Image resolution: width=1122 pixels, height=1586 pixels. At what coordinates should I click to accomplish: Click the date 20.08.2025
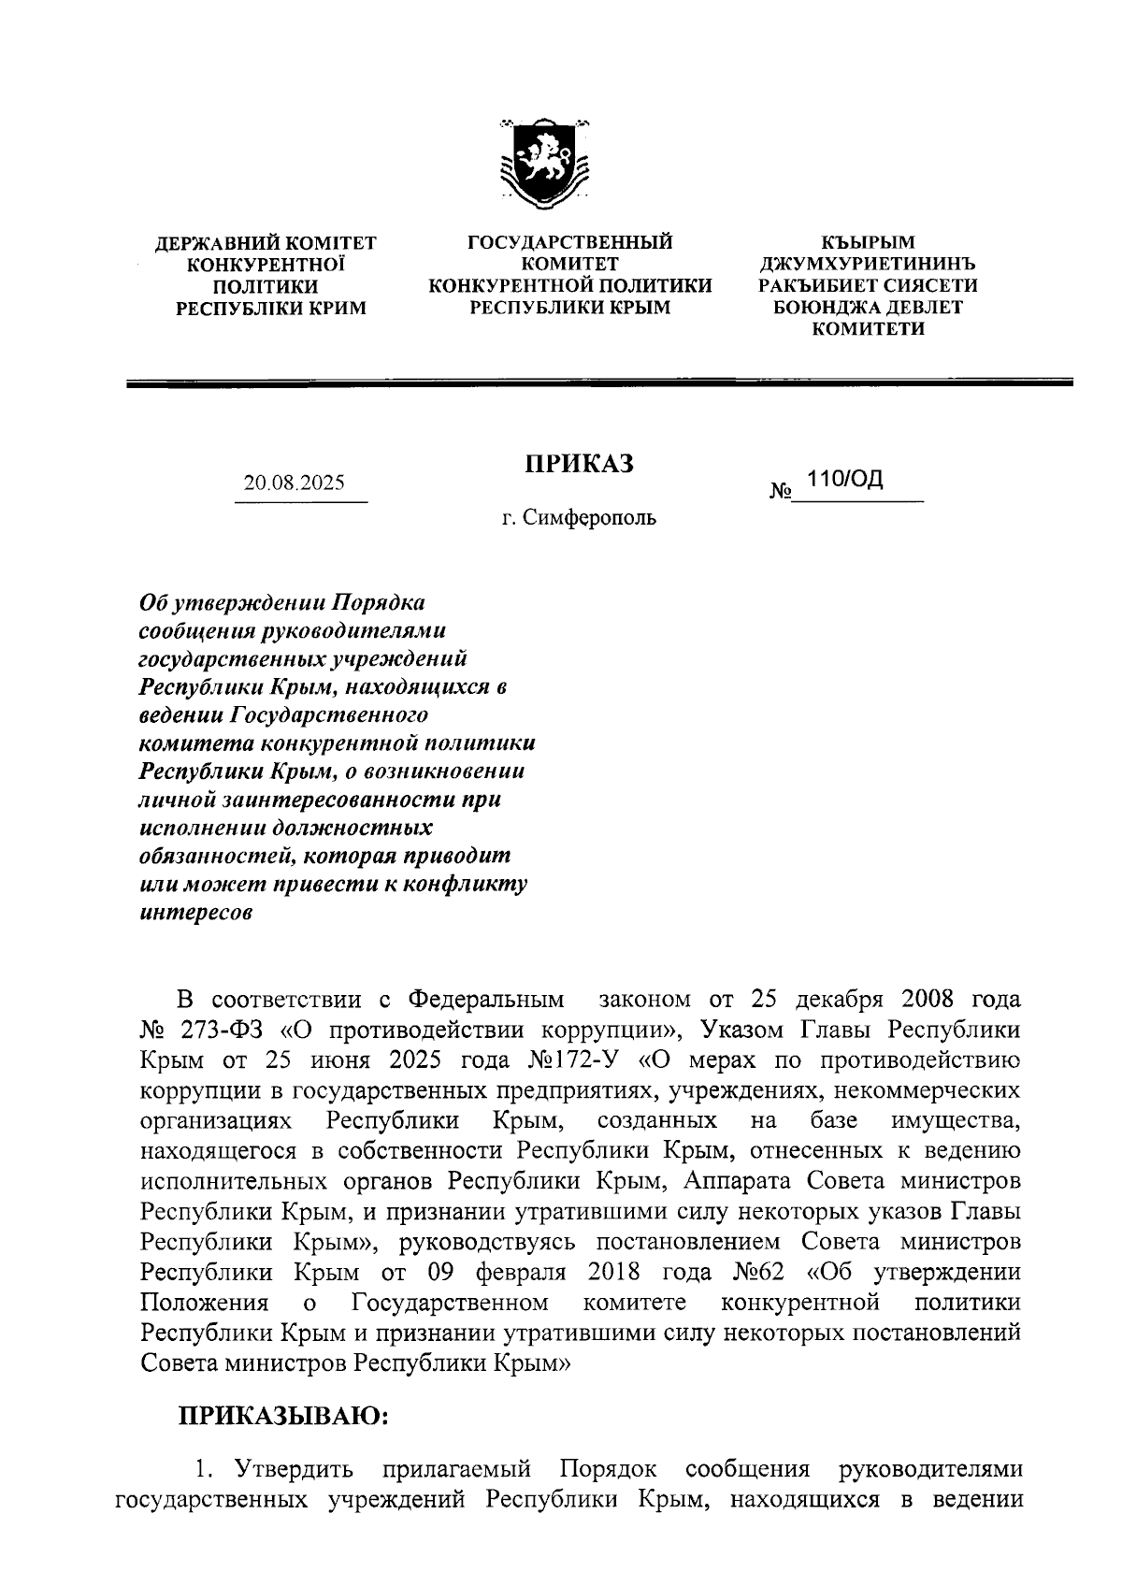[x=294, y=483]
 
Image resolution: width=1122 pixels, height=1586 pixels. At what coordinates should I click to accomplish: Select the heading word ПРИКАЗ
[x=578, y=463]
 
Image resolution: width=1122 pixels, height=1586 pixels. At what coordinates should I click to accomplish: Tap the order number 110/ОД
[x=845, y=481]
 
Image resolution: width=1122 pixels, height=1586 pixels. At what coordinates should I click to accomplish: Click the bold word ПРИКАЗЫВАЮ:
[x=283, y=1416]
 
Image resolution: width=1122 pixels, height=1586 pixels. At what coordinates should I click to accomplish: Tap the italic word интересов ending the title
[x=195, y=914]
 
